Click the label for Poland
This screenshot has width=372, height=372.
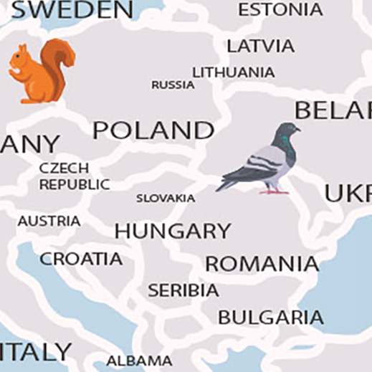click(153, 130)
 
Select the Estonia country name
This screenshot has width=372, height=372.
click(280, 9)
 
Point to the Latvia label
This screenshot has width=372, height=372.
click(260, 46)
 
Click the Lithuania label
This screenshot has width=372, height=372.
click(233, 72)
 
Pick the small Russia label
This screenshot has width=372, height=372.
click(173, 85)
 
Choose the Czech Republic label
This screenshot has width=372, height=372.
click(75, 176)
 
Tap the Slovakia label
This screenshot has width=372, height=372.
click(166, 198)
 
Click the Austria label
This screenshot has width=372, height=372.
click(49, 221)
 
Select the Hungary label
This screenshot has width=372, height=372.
click(173, 232)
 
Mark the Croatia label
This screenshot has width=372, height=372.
click(81, 259)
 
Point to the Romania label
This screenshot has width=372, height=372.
click(262, 264)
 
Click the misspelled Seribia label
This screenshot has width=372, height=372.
click(183, 290)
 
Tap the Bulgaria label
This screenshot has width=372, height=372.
click(270, 317)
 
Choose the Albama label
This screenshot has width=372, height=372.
click(139, 360)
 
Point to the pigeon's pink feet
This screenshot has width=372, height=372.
click(275, 191)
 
